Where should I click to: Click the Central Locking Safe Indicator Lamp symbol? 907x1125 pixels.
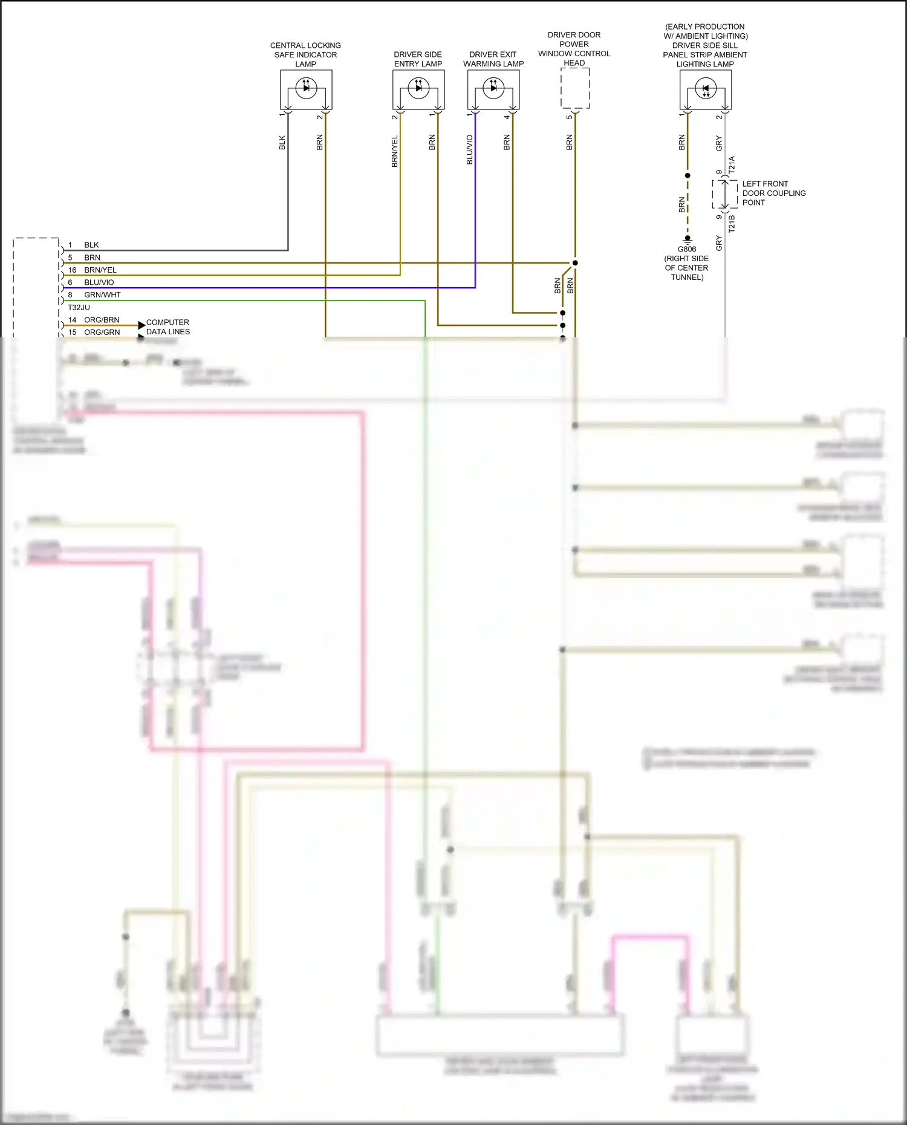[306, 88]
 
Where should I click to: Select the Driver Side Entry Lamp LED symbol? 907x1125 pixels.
[418, 88]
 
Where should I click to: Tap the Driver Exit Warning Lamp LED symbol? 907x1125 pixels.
[493, 88]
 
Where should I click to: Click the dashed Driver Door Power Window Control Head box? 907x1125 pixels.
[575, 88]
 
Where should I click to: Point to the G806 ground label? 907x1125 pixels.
[687, 249]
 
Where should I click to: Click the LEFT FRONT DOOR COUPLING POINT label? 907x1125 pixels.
[773, 193]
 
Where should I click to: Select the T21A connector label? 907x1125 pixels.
[732, 165]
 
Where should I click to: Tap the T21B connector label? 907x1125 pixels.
[732, 223]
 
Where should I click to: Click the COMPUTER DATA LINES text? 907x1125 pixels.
[167, 327]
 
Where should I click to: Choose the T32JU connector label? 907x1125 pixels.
[79, 307]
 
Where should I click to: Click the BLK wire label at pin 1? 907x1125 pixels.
[91, 245]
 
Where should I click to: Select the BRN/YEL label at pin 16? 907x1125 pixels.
[100, 270]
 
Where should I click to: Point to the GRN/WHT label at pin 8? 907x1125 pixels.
[102, 295]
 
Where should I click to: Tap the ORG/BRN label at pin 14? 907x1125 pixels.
[102, 320]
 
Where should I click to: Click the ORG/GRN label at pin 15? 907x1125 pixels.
[102, 332]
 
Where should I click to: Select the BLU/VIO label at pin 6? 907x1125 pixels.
[99, 282]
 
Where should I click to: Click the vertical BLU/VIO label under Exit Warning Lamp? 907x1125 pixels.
[470, 150]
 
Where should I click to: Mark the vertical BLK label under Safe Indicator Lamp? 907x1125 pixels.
[282, 143]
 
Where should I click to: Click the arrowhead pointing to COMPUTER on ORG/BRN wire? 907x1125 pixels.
[141, 325]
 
